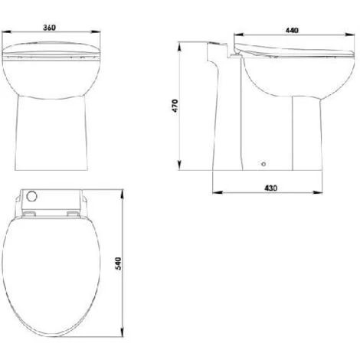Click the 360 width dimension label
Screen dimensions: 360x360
(49, 28)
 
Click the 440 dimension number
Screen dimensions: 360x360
(292, 31)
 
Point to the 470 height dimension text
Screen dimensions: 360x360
(175, 106)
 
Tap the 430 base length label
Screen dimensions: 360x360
(270, 188)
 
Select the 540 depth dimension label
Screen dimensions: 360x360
(119, 263)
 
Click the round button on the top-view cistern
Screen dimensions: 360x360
(32, 196)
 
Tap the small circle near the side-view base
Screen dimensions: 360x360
(263, 164)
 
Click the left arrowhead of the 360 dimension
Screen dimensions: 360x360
(6, 32)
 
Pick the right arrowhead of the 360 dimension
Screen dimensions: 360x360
(96, 32)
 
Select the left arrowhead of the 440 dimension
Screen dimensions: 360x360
(239, 34)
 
